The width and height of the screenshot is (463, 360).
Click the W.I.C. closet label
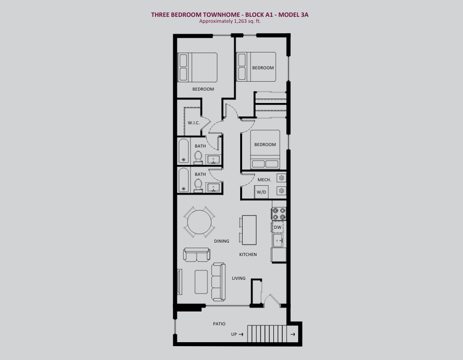coord(194,123)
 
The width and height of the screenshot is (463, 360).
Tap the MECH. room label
coord(264,180)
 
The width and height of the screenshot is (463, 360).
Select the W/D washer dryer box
coord(261,192)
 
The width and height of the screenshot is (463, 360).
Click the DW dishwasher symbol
coord(278,227)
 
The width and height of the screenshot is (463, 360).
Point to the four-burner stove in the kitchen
coord(279,214)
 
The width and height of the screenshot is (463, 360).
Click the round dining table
coord(200,222)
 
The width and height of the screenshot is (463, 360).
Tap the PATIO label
coord(219,324)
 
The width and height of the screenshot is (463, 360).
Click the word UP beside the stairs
coord(234,334)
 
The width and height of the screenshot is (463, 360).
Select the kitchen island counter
coord(249,230)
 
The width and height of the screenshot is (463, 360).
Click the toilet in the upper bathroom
coord(198,157)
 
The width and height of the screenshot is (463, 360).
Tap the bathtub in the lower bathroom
coord(184,180)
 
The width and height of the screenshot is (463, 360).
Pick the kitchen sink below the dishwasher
coord(278,240)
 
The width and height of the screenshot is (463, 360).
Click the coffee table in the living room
coord(201,282)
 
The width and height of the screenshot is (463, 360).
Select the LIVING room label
coord(239,278)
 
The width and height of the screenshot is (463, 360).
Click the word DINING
coord(221,241)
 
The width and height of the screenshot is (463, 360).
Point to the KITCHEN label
coord(248,254)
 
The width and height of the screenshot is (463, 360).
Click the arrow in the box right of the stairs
coord(293,334)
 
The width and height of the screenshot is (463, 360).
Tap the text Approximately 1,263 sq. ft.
coord(230,21)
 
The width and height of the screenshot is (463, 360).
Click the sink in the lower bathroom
coord(212,188)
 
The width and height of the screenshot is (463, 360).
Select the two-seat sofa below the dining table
coord(197,255)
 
